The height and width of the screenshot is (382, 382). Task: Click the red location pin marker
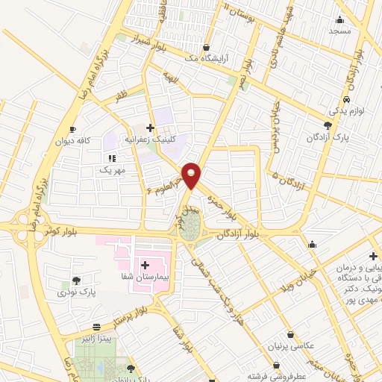coord(192,175)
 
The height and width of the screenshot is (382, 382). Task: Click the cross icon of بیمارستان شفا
coord(145,265)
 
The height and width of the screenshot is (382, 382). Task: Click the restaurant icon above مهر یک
coord(112,158)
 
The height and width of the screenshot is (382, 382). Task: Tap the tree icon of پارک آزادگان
coord(328,125)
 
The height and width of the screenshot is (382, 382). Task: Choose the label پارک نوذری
coord(78,292)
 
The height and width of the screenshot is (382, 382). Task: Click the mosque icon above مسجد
coord(340,19)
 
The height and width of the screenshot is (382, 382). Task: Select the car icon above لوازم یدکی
coord(347,99)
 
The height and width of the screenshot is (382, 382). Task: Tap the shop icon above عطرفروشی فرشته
coord(277,366)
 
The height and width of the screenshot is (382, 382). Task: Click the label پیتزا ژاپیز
coord(97,337)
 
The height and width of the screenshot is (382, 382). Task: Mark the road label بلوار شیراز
coord(142,36)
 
